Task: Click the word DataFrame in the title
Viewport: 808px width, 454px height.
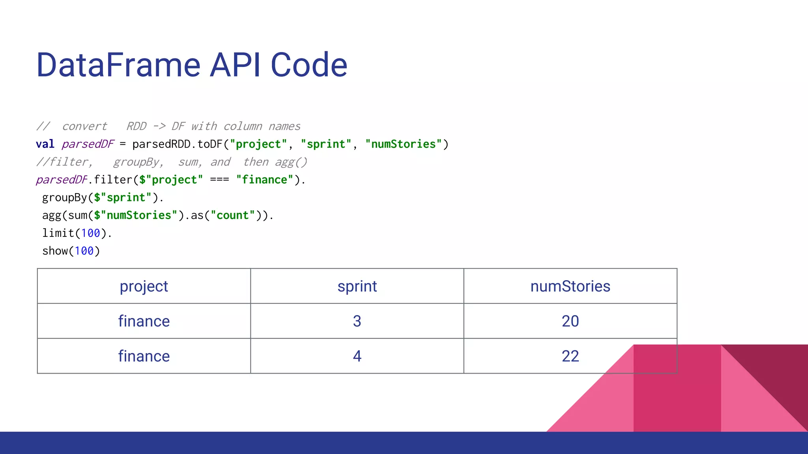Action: point(118,65)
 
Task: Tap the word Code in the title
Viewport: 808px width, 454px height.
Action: point(309,65)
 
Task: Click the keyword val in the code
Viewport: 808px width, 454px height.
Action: point(45,144)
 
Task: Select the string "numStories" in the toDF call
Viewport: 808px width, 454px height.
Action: point(403,144)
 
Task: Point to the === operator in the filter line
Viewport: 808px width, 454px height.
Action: point(219,180)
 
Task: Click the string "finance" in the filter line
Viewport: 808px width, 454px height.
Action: point(265,180)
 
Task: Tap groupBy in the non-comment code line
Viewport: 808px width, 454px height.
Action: point(64,197)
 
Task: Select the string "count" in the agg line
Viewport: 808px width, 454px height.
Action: point(233,215)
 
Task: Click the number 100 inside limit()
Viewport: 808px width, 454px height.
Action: point(90,233)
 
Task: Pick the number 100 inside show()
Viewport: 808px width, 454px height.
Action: point(84,251)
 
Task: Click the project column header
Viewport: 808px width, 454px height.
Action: point(144,286)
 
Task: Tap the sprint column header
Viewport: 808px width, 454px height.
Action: point(357,286)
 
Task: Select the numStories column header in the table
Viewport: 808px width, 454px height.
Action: point(570,286)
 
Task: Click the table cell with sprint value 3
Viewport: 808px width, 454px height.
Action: point(357,321)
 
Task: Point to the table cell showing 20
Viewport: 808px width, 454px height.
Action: point(570,321)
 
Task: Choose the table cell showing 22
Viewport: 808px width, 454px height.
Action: point(570,356)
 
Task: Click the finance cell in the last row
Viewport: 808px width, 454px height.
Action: point(144,356)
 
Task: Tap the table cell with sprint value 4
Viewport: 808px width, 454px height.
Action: point(357,356)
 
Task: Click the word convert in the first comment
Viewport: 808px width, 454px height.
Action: point(84,127)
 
